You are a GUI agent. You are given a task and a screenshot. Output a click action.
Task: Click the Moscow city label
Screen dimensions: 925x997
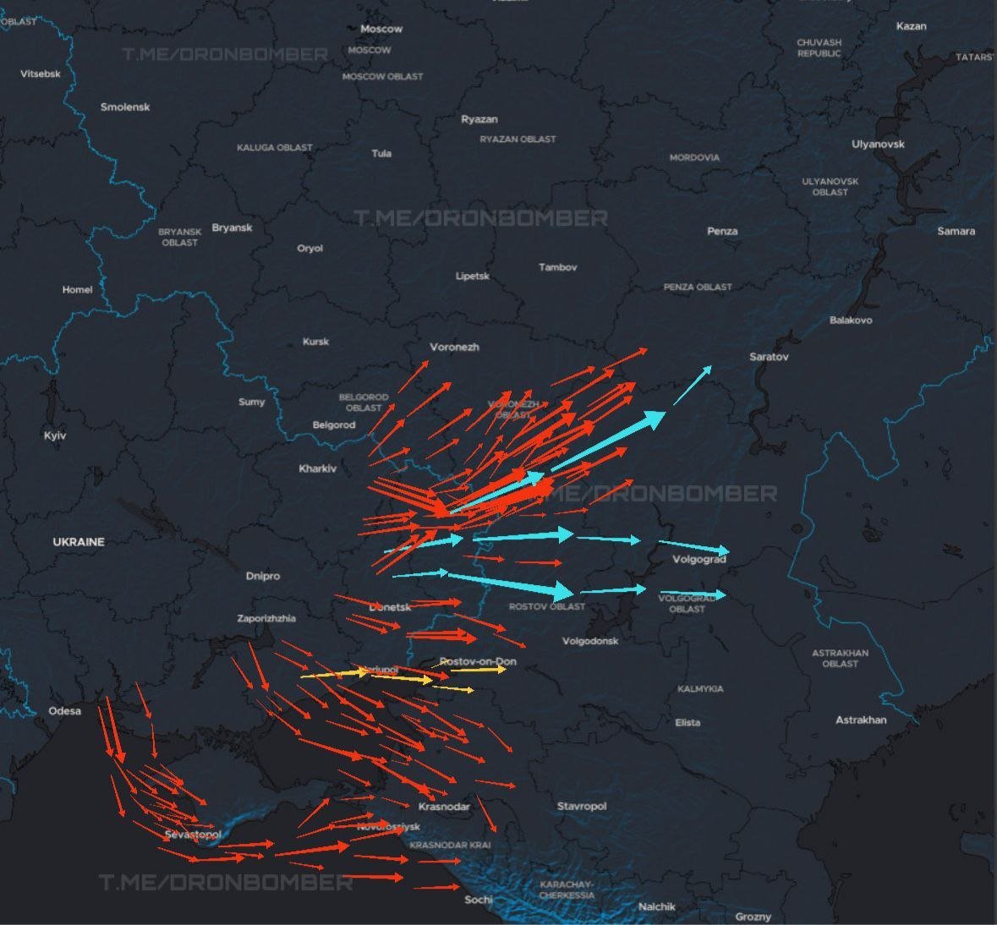tap(381, 29)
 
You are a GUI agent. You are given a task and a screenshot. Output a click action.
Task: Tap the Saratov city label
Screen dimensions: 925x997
tap(769, 357)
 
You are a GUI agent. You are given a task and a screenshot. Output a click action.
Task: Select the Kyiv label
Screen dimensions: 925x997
tap(55, 435)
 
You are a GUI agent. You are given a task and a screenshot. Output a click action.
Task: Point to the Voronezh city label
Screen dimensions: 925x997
tap(454, 347)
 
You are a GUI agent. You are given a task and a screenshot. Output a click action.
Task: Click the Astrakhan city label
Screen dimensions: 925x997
tap(861, 720)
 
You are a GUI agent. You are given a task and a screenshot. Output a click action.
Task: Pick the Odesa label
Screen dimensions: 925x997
tap(64, 710)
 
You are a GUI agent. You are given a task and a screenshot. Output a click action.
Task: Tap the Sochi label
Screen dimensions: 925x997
tap(479, 899)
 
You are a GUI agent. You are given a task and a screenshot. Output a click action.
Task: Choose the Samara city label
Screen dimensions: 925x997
tap(956, 231)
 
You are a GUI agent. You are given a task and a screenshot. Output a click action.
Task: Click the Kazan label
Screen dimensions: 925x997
tap(911, 26)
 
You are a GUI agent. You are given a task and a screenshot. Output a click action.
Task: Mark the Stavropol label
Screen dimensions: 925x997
tap(582, 806)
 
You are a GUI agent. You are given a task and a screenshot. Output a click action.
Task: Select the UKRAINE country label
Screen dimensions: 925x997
tap(79, 542)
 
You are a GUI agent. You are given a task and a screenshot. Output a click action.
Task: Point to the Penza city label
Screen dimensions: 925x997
tap(722, 231)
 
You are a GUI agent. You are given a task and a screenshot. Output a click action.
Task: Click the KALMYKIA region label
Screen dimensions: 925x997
tap(700, 689)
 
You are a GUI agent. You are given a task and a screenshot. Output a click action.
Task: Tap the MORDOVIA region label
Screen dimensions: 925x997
tap(694, 157)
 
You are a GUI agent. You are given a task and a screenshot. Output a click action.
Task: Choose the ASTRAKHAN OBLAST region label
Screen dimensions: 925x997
tap(840, 658)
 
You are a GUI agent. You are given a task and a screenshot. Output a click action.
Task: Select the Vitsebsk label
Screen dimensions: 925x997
tap(41, 74)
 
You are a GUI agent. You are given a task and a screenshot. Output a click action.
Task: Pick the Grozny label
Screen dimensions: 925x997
tap(753, 917)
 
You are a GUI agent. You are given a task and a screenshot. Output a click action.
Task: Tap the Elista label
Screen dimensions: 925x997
tap(687, 722)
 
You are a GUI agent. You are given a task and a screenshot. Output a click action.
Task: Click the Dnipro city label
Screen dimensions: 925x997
tap(262, 576)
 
